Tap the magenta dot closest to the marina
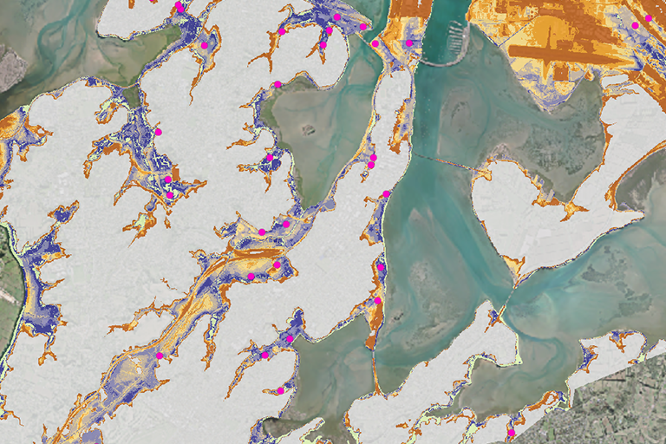click(408, 42)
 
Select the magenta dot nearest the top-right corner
click(648, 17)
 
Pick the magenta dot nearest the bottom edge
click(511, 432)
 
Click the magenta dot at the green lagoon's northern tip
click(277, 84)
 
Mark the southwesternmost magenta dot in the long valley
click(160, 356)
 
